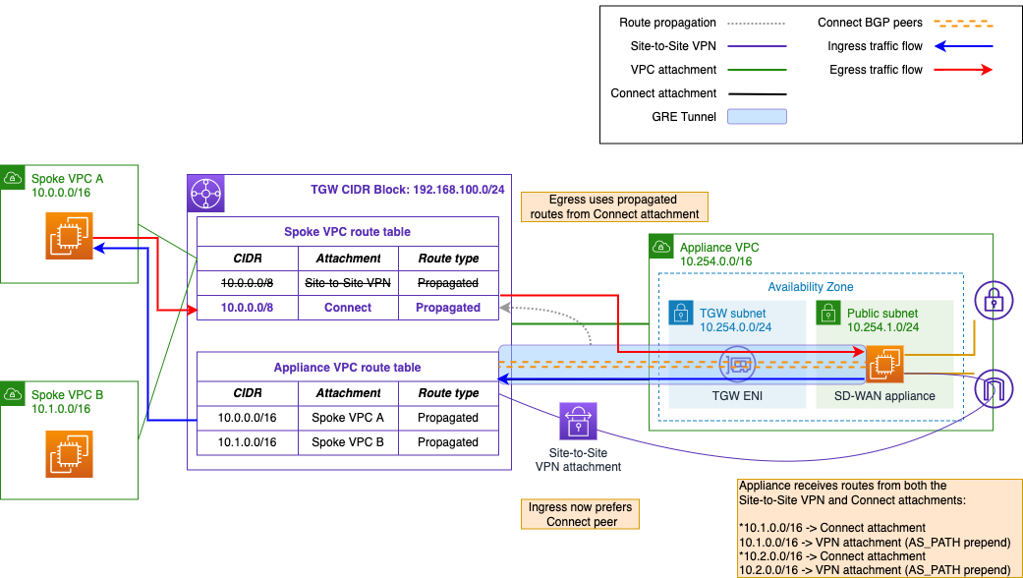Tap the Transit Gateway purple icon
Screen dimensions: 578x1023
click(205, 193)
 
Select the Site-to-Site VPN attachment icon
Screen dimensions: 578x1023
click(578, 422)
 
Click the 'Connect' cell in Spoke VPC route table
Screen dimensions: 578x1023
click(348, 308)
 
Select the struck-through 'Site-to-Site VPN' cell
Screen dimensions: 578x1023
click(348, 283)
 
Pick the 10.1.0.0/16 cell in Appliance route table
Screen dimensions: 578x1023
click(248, 442)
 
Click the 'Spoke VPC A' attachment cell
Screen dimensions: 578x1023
click(348, 418)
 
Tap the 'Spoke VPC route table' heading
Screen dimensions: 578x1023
click(347, 232)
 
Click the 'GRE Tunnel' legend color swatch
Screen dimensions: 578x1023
click(757, 116)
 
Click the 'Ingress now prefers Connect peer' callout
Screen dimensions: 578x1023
click(580, 514)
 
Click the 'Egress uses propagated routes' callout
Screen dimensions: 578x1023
click(614, 206)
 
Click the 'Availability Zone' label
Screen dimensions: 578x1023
click(810, 287)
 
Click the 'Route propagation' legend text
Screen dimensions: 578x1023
click(667, 23)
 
